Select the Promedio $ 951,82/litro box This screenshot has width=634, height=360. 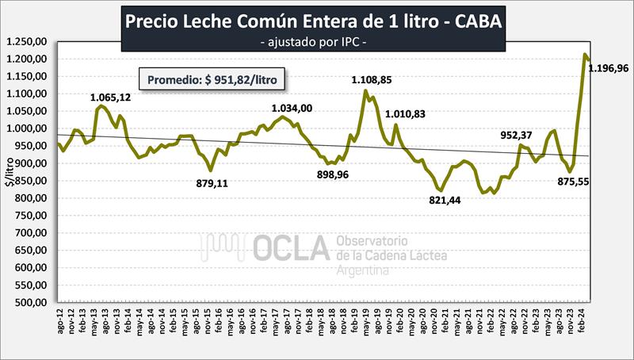[x=213, y=79]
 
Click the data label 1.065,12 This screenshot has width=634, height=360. [x=109, y=98]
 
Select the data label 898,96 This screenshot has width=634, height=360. [x=334, y=176]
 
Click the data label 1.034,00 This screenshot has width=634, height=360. [x=291, y=109]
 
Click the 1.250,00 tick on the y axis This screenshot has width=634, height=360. [x=28, y=41]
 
